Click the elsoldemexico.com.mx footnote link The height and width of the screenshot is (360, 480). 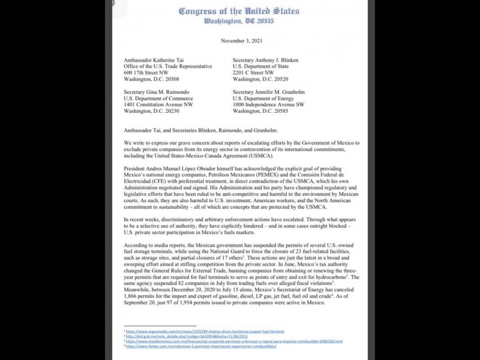[x=234, y=341]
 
